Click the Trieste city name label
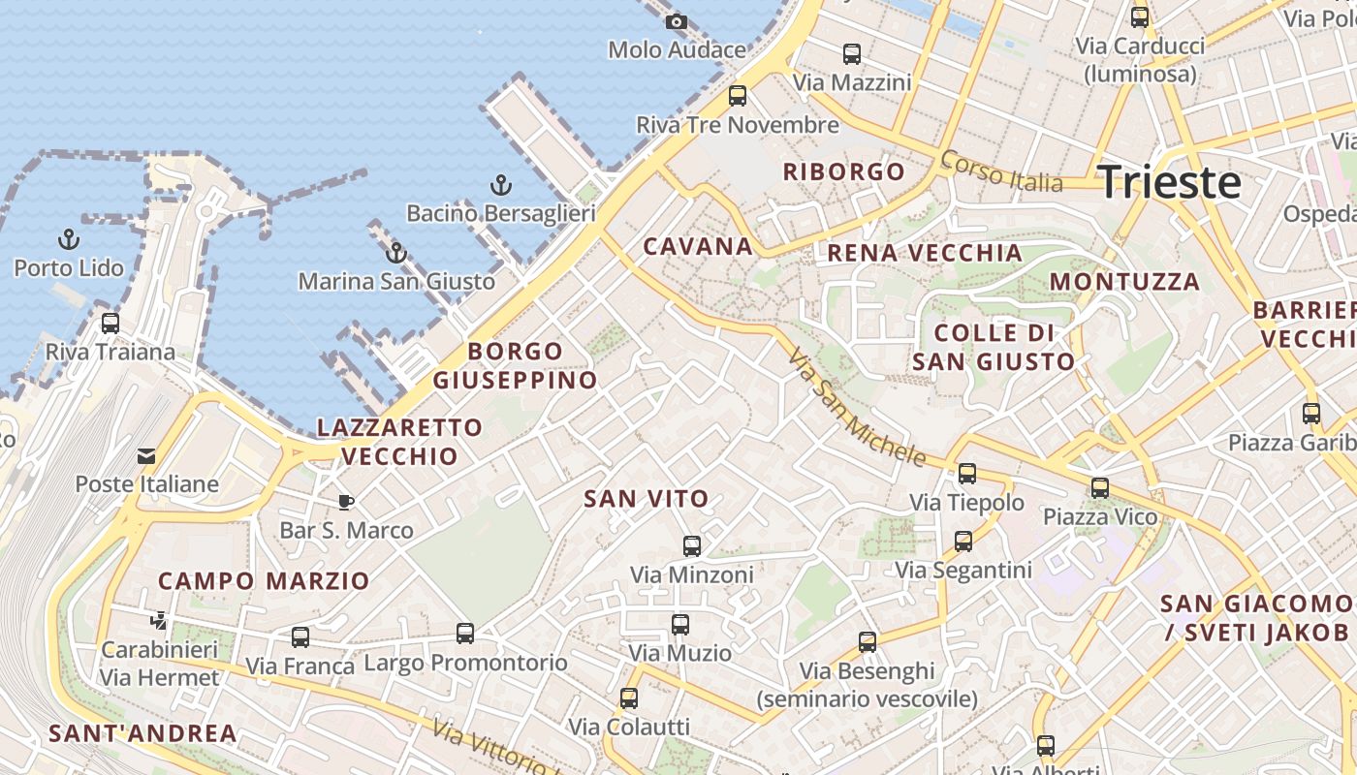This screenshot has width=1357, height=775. [1168, 182]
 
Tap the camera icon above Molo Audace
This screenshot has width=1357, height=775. [677, 21]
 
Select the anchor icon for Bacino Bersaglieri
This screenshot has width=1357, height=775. [500, 184]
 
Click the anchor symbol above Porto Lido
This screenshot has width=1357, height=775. [69, 238]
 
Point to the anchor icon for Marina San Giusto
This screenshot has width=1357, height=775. [395, 253]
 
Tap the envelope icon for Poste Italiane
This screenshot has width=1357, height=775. [146, 455]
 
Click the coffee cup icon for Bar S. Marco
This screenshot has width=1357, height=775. [346, 501]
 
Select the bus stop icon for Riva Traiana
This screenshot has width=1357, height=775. [110, 323]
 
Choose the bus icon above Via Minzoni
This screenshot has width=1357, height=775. [692, 545]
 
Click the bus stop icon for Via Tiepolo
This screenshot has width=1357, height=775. [966, 473]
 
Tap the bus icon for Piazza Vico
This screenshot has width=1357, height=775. [1099, 487]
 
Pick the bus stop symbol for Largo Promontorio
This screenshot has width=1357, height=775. [465, 633]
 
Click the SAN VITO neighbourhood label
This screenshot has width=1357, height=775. [647, 499]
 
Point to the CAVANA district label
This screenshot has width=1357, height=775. [698, 246]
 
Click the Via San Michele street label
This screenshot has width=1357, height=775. [857, 408]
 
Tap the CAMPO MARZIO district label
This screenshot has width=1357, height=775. [264, 581]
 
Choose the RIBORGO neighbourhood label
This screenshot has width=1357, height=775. [843, 172]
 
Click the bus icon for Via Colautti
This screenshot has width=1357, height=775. [629, 697]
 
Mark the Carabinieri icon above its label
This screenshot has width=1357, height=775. [159, 620]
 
